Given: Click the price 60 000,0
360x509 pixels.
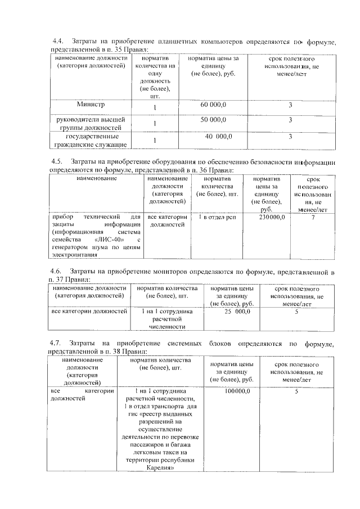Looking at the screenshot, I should click(x=213, y=105).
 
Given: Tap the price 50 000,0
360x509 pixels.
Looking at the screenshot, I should click(x=213, y=120).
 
